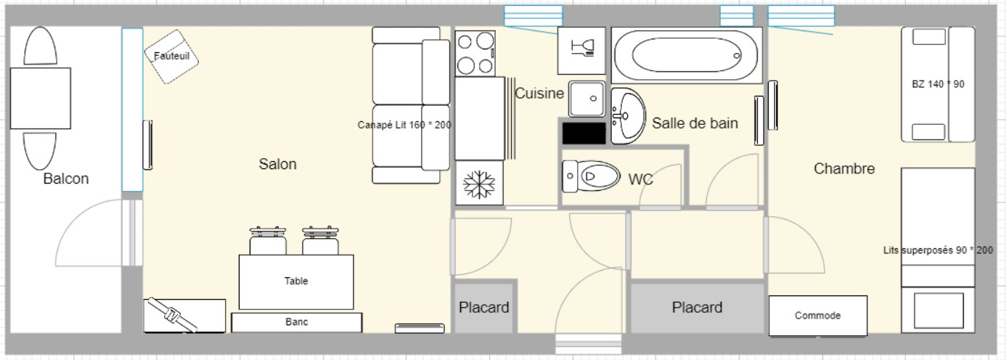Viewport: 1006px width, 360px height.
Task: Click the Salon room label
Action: [277, 164]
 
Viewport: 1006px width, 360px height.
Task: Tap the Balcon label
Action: [66, 179]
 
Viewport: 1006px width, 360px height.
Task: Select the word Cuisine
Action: [539, 94]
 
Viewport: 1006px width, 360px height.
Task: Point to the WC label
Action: [640, 179]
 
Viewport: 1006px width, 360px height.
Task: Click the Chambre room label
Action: [844, 168]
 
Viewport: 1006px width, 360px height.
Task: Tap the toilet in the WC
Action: [591, 176]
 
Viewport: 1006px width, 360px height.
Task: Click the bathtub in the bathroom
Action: [687, 55]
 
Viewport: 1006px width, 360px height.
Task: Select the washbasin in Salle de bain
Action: [628, 116]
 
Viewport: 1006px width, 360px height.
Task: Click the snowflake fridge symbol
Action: [479, 184]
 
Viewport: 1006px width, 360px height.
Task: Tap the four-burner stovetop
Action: [475, 53]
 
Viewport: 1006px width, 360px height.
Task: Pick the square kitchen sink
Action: [586, 99]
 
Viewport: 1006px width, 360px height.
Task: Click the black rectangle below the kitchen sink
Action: [584, 134]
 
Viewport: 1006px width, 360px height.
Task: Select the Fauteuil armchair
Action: [171, 57]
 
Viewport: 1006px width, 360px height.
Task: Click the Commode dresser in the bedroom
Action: [818, 316]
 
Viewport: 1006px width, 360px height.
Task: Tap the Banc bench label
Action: [296, 322]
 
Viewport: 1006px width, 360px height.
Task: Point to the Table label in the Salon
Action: [296, 281]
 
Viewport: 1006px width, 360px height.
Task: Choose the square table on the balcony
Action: [41, 98]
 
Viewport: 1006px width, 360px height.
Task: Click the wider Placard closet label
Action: [697, 308]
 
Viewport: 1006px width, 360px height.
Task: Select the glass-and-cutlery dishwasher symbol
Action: [581, 51]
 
